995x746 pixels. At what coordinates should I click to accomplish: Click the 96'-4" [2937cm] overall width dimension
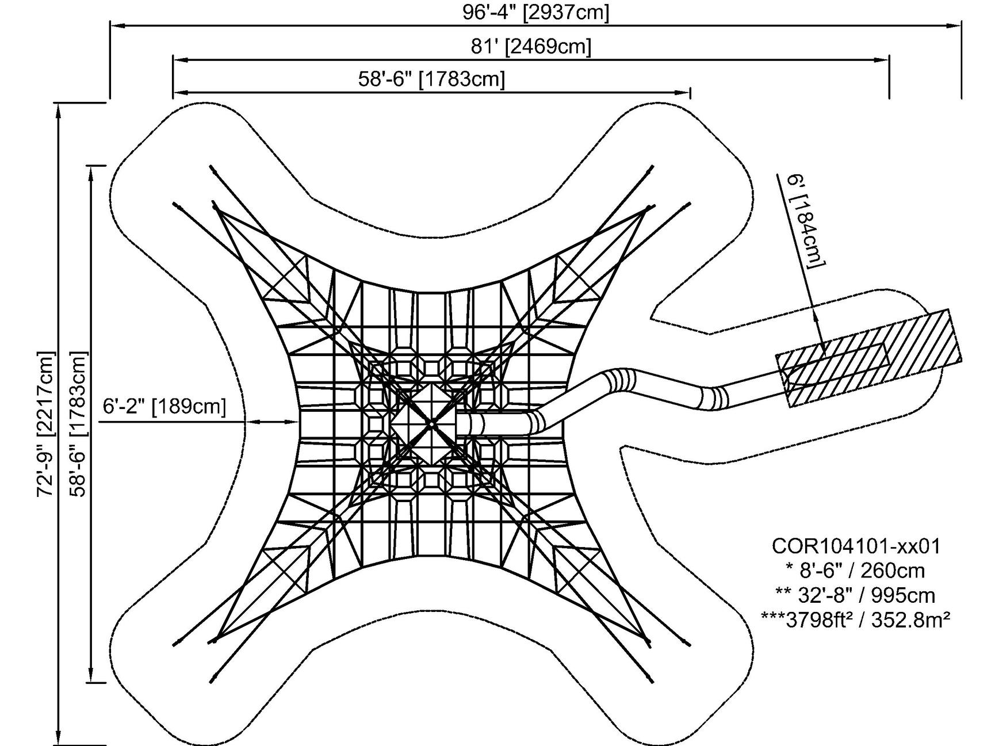tap(535, 12)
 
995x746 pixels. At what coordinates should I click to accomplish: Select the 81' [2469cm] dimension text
tap(531, 47)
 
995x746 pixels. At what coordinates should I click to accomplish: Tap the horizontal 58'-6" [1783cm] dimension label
tap(431, 79)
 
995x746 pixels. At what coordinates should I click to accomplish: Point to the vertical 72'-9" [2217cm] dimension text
tap(45, 424)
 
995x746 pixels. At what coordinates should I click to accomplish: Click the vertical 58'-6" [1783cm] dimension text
tap(77, 424)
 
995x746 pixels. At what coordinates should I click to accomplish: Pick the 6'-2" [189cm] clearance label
tap(164, 407)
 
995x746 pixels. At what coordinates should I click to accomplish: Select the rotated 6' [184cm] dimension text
tap(805, 221)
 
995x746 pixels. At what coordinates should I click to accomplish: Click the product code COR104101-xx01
tap(855, 546)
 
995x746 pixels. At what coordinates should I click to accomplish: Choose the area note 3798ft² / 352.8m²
tap(855, 619)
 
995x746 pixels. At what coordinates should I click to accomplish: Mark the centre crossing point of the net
tap(431, 424)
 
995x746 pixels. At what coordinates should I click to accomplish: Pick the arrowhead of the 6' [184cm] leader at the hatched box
tap(821, 346)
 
